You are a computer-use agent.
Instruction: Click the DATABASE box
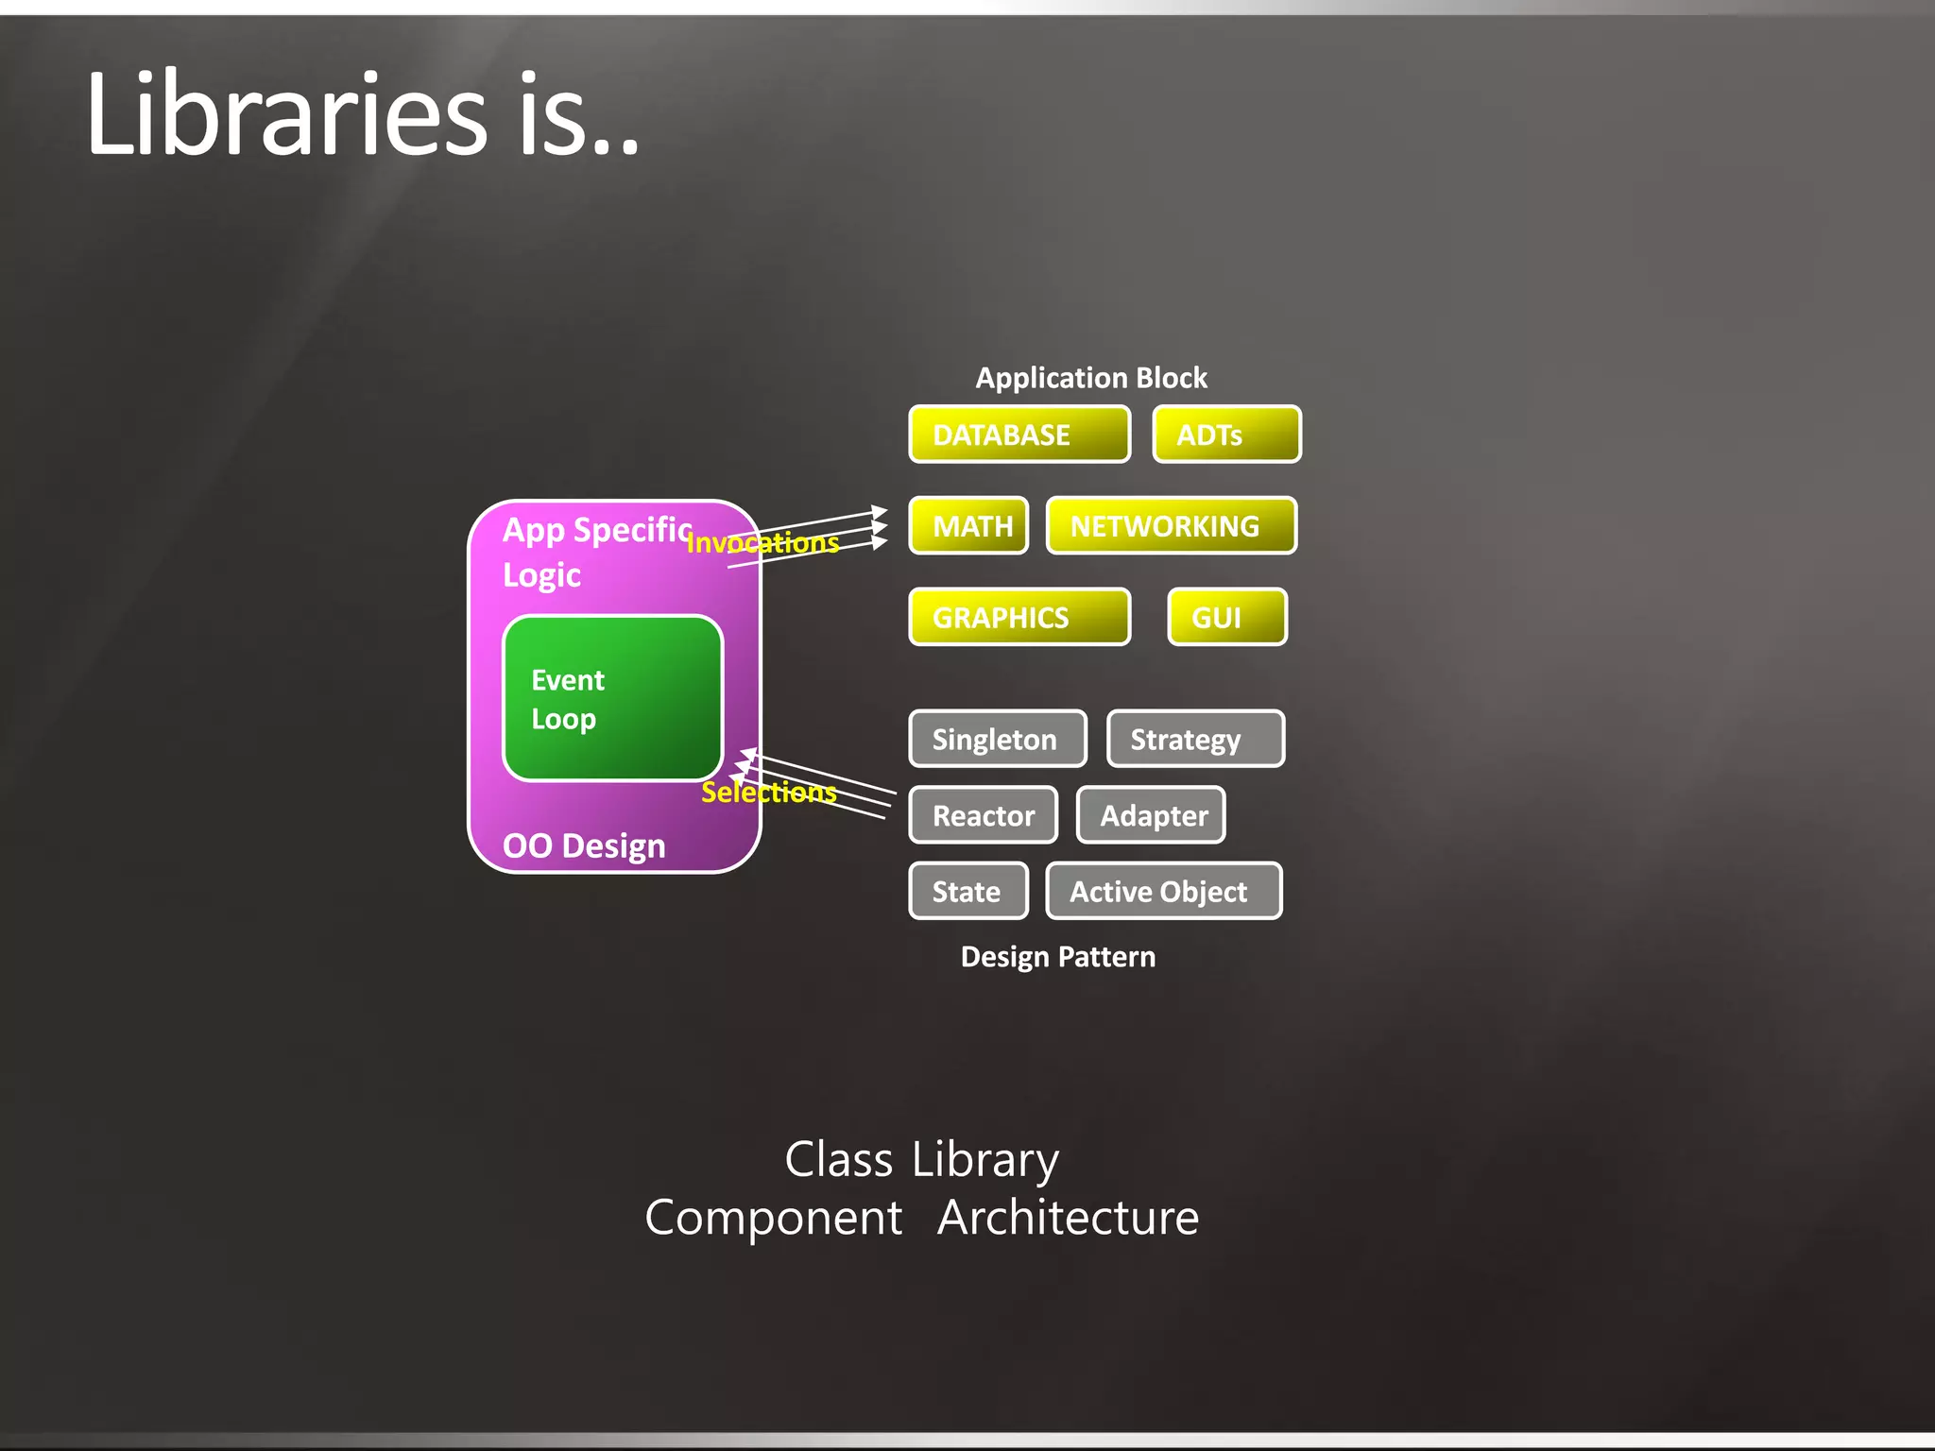(x=1019, y=435)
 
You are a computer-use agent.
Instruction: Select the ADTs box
(x=1226, y=435)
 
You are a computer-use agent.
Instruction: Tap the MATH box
(x=968, y=525)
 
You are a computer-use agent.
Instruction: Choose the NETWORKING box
(x=1171, y=525)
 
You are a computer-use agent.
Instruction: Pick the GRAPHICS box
(x=1019, y=617)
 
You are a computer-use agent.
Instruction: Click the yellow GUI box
(x=1226, y=617)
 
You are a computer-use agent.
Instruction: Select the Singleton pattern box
(x=997, y=739)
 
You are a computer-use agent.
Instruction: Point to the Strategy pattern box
(x=1194, y=739)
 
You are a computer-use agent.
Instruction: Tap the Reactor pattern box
(x=983, y=814)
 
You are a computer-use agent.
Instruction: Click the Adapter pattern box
(x=1151, y=814)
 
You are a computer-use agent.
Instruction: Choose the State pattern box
(x=968, y=891)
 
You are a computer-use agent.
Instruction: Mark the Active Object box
(x=1163, y=891)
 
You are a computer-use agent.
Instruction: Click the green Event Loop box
(x=612, y=698)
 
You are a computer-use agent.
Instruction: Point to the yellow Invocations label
(x=762, y=543)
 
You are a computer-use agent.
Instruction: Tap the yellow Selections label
(x=769, y=792)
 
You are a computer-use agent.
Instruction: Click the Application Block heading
(x=1091, y=378)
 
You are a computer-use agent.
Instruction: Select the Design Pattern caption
(x=1058, y=957)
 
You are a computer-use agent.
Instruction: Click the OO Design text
(x=584, y=845)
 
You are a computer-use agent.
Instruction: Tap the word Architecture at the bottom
(x=1068, y=1217)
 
